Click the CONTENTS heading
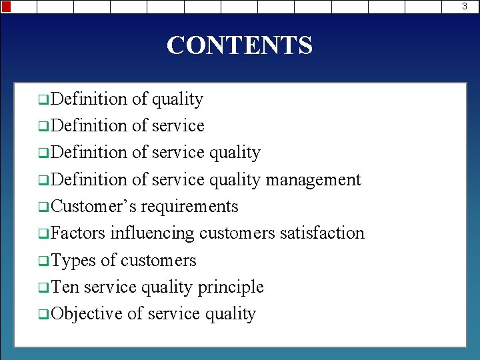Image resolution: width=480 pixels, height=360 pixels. pos(239,45)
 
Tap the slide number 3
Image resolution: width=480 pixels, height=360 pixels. pos(473,7)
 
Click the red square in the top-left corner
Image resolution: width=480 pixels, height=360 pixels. pos(6,7)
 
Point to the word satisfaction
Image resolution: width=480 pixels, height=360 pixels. pos(322,233)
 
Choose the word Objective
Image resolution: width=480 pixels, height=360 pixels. pos(87,313)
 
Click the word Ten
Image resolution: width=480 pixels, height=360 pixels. pos(65,287)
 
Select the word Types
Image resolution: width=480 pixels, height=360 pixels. pos(73,260)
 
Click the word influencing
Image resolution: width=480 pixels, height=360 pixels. pos(152,233)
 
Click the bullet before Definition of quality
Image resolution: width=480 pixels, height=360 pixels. pos(43,101)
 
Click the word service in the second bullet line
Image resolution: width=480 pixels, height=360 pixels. pos(178,125)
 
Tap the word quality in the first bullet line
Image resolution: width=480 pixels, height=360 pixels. pos(177,99)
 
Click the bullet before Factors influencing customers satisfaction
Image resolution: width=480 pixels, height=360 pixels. pos(43,235)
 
